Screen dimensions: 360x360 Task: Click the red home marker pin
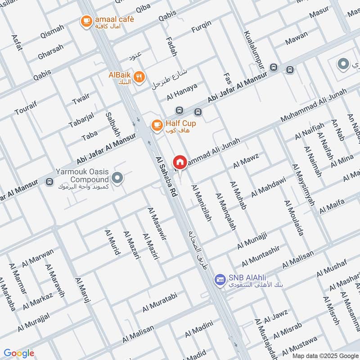[x=180, y=162]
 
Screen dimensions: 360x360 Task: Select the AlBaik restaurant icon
[x=139, y=76]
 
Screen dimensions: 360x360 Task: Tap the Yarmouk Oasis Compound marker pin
[x=117, y=179]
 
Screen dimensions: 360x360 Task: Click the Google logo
[x=19, y=353]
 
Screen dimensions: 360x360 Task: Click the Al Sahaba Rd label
[x=166, y=176]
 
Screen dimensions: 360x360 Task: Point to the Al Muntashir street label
[x=261, y=256]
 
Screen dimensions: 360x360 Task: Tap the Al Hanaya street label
[x=182, y=93]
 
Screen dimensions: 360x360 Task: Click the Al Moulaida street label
[x=293, y=218]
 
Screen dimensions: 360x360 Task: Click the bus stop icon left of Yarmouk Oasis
[x=49, y=182]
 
